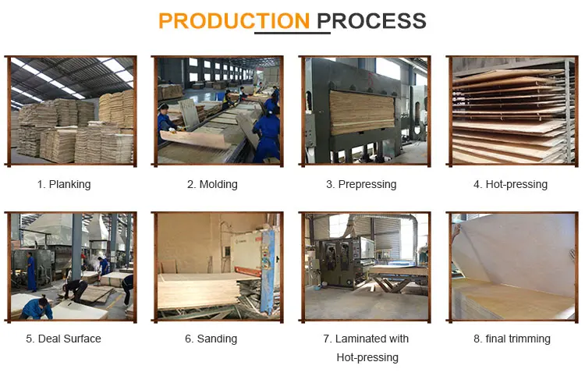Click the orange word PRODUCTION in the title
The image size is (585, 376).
point(234,20)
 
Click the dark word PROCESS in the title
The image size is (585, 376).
point(372,20)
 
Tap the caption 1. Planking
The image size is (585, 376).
point(64,185)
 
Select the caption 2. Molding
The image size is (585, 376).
point(212,185)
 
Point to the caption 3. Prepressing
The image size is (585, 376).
point(361,185)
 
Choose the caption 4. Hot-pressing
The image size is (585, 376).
point(510,185)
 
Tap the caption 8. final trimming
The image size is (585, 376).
point(512,339)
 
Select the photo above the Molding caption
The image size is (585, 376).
point(219,110)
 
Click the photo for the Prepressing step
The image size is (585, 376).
point(365,110)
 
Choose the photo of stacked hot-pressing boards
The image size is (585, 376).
point(512,110)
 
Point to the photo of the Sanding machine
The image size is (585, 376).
point(219,267)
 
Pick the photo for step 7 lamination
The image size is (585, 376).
point(365,267)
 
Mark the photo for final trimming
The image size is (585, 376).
point(512,267)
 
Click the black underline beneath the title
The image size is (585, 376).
point(292,33)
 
